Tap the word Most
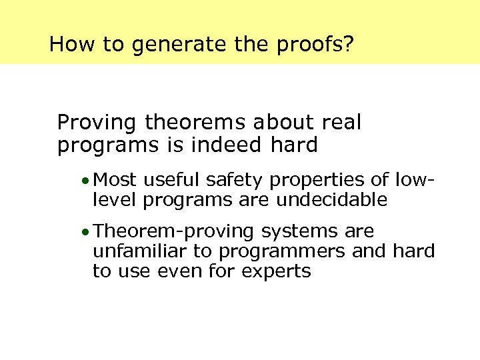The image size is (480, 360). pos(115,180)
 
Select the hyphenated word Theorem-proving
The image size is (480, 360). pos(174,232)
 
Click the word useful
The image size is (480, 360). pos(172,180)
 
